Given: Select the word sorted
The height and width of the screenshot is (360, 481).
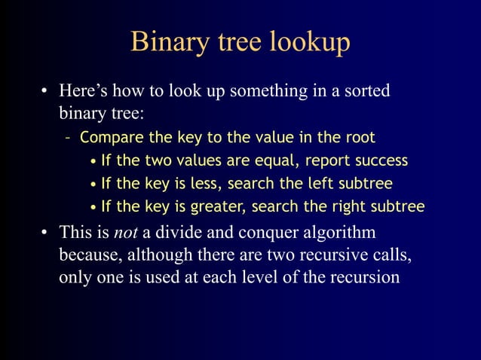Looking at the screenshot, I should (367, 92).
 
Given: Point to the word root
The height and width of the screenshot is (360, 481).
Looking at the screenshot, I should (359, 138).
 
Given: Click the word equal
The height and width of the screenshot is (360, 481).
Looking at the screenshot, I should (274, 160).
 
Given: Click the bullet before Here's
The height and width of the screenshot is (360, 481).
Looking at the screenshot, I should (45, 93).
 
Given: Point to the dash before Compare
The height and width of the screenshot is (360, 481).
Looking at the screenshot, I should (69, 139).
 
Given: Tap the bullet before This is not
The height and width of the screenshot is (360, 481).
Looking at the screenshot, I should (45, 233).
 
